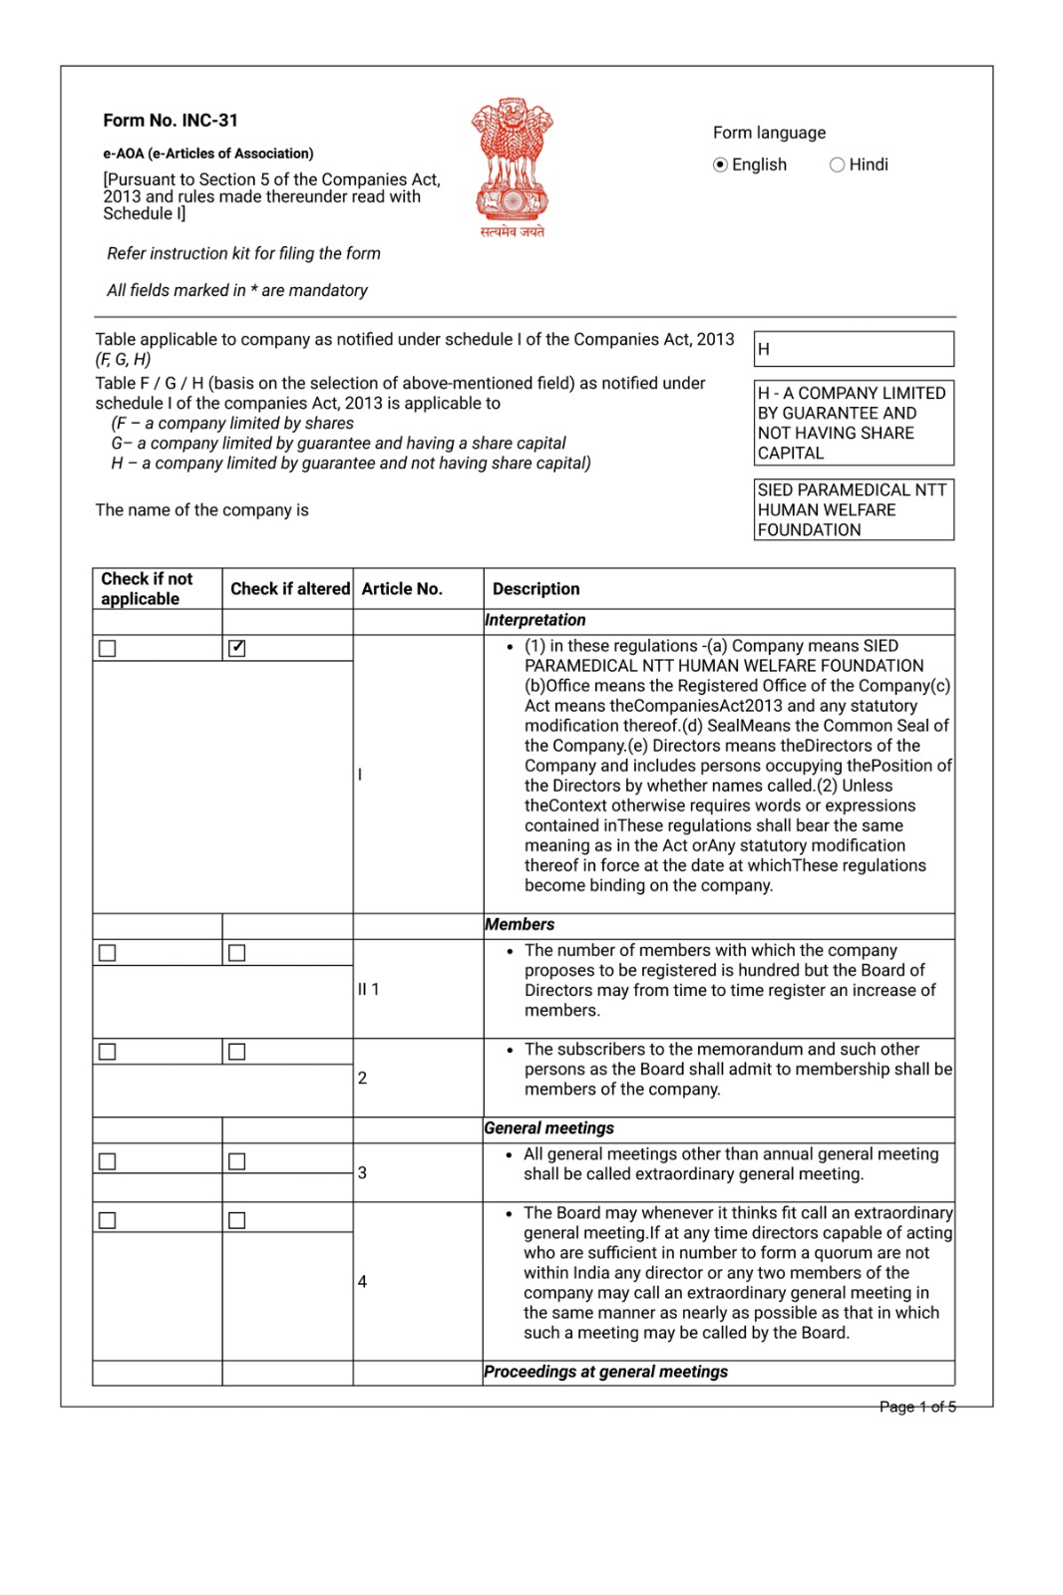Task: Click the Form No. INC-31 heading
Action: pos(171,121)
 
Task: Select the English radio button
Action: pos(720,165)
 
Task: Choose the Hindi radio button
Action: pos(837,165)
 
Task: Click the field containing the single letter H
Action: pos(854,349)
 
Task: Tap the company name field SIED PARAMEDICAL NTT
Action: pos(854,509)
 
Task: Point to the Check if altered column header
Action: pos(289,589)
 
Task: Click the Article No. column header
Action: pos(402,589)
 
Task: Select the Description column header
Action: pos(536,589)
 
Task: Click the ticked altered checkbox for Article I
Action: pos(237,648)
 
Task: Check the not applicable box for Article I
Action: pos(108,648)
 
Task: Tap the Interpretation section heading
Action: pos(535,620)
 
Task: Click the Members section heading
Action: pos(520,925)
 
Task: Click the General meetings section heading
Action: pos(549,1128)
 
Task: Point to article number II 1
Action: pos(369,989)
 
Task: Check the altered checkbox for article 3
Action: pos(237,1161)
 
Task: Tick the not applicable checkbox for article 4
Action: pos(108,1220)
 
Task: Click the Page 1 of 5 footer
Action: pos(917,1407)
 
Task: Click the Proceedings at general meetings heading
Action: pos(606,1372)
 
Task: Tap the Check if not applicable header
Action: pos(148,589)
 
